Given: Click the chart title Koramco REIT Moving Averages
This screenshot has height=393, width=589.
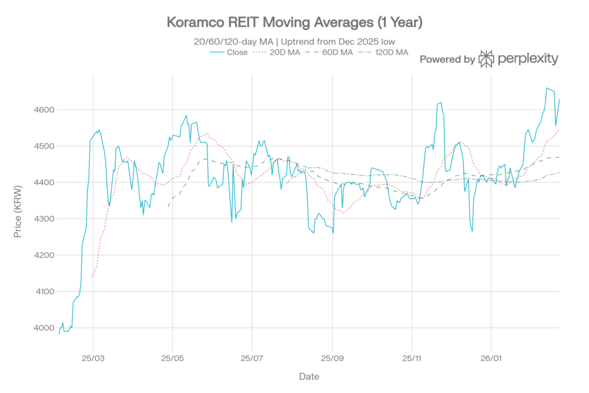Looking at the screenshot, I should [x=294, y=23].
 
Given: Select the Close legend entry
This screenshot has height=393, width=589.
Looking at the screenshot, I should [x=230, y=52].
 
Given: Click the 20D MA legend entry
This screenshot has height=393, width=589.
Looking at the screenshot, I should [x=280, y=52].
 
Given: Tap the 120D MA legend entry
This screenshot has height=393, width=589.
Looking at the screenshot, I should [x=384, y=52].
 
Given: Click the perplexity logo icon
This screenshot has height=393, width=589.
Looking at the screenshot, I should [x=487, y=59].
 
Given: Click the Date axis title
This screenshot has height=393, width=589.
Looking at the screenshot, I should [x=309, y=377].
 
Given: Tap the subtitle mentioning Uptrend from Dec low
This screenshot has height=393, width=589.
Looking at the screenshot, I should [x=294, y=42].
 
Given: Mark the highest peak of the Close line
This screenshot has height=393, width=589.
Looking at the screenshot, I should [x=546, y=87].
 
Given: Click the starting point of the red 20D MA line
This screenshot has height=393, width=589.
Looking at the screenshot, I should [x=92, y=278].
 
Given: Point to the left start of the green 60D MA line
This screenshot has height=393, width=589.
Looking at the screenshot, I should [x=168, y=207].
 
